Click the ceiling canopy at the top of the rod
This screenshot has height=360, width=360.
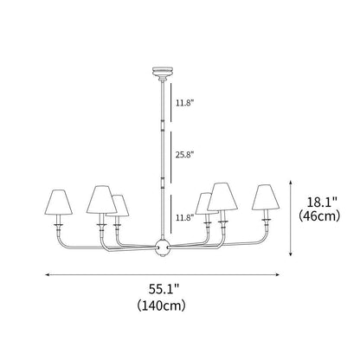coord(162,69)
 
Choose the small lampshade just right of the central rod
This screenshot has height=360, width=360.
coord(205,205)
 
